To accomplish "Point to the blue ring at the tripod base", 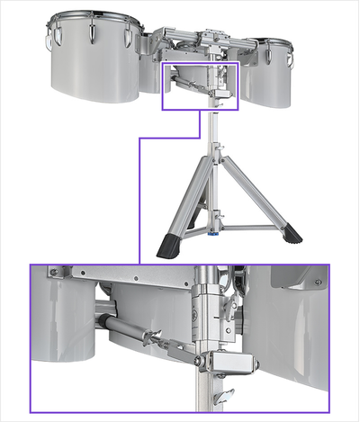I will [x=213, y=240].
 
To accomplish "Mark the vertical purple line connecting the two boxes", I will [x=139, y=198].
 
